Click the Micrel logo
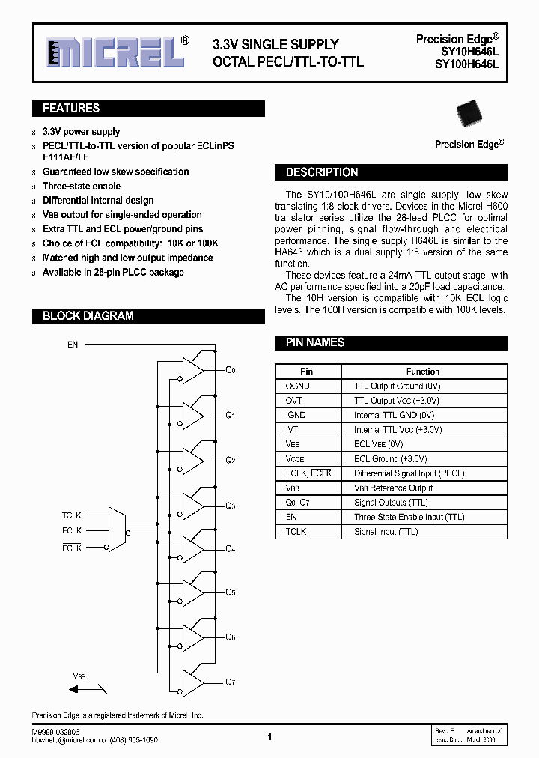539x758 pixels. tap(112, 52)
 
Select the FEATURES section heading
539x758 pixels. tap(71, 109)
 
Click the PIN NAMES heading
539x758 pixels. tap(314, 342)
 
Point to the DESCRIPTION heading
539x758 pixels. tap(322, 172)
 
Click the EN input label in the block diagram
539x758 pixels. tap(73, 345)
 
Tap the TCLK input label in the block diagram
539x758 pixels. tap(72, 516)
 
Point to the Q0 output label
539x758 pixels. tap(231, 371)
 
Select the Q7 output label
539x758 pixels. tap(231, 682)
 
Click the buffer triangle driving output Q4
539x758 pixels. tap(193, 549)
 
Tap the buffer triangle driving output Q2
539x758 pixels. tap(193, 459)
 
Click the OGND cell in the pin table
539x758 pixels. tap(298, 386)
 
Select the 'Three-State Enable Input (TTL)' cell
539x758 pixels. tap(409, 517)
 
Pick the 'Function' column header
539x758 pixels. tap(423, 372)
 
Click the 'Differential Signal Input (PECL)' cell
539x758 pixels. tap(409, 473)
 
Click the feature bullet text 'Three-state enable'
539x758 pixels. tap(82, 186)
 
